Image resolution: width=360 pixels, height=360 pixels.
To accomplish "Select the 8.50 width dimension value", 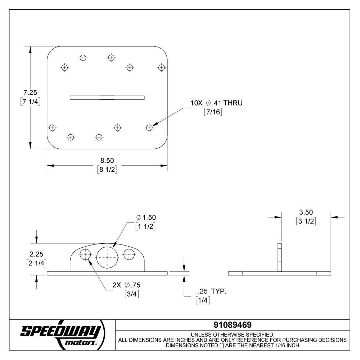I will (107, 160).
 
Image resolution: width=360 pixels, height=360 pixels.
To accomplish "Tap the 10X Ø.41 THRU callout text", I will (216, 103).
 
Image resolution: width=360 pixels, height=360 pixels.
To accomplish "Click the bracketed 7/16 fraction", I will (212, 113).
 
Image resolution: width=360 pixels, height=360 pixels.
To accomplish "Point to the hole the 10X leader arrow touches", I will (149, 127).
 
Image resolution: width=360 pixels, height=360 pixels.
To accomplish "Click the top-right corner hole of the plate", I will (161, 67).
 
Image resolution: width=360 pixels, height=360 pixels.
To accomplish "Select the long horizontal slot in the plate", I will (107, 97).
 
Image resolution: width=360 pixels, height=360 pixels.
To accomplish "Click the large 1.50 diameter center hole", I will (107, 257).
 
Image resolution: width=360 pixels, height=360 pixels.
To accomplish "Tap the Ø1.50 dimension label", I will (146, 217).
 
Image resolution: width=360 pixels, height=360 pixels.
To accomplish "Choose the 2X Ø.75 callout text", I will (127, 285).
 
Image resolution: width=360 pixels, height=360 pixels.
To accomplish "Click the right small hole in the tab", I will (129, 254).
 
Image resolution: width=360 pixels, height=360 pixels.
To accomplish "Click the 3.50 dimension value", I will (306, 212).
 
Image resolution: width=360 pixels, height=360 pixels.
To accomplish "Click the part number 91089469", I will (232, 324).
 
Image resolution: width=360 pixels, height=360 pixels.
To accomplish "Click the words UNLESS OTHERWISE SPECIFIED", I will (232, 334).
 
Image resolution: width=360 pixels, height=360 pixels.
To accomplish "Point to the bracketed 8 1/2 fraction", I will (107, 170).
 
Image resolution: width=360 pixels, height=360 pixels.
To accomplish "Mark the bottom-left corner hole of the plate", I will (53, 127).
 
